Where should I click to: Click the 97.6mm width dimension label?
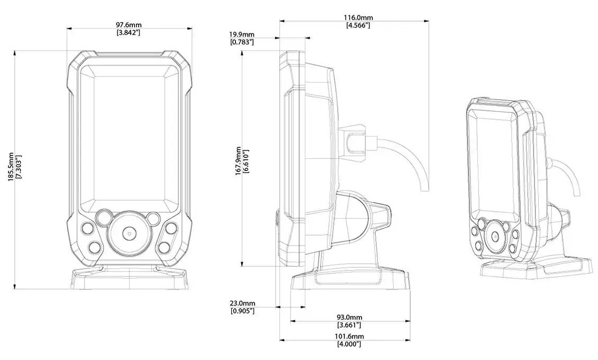click(x=129, y=25)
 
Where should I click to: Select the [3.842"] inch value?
click(x=129, y=32)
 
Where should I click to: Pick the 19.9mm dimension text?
click(x=242, y=34)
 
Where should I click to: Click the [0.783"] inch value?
click(x=242, y=42)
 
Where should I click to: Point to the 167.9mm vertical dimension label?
click(x=239, y=160)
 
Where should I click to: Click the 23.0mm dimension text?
click(x=242, y=303)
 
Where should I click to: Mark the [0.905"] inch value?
click(x=242, y=311)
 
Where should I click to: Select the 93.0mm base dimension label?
click(x=349, y=317)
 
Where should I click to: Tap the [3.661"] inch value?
click(x=349, y=325)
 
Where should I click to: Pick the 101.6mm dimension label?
click(x=349, y=336)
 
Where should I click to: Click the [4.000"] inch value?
click(x=349, y=344)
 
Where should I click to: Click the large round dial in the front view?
click(x=129, y=232)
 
